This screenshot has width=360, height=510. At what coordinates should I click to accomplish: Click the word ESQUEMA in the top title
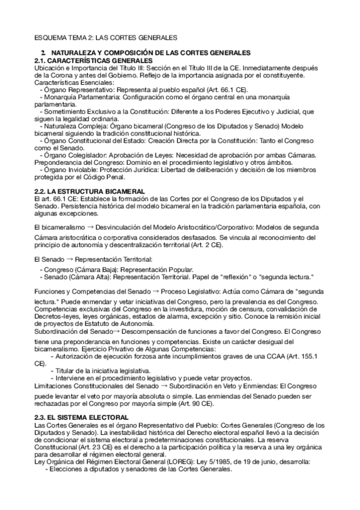(x=50, y=37)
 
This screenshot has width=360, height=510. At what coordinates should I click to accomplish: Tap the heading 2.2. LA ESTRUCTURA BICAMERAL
(x=82, y=191)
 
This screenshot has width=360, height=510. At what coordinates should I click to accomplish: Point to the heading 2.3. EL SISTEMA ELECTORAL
(x=81, y=417)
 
